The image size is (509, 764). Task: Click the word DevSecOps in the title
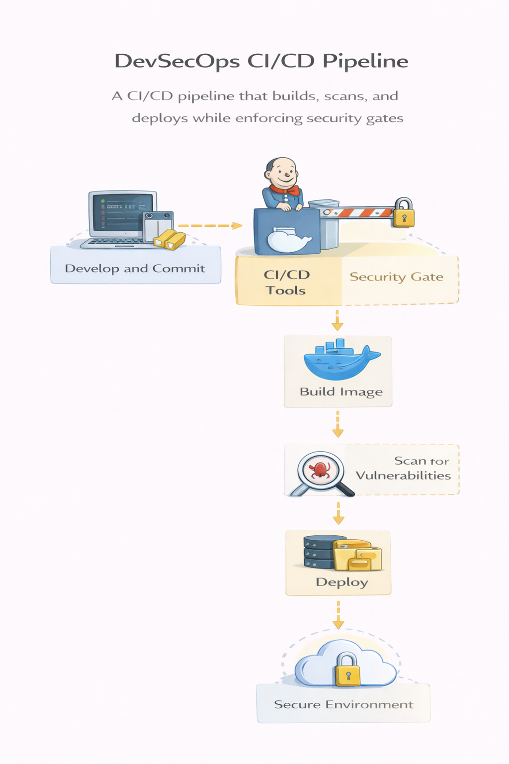tap(176, 61)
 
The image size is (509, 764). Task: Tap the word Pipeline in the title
tap(365, 61)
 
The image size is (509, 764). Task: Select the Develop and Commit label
tap(135, 269)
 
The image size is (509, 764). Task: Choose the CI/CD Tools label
tap(286, 282)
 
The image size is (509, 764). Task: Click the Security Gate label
tap(396, 277)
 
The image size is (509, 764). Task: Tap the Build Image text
tap(341, 392)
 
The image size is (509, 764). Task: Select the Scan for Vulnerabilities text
tap(404, 468)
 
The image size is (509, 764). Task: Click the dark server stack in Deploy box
tap(318, 552)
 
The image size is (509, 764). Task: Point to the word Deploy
tap(341, 582)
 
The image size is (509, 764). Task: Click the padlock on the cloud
tap(347, 670)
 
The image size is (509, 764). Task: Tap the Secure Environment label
tap(343, 704)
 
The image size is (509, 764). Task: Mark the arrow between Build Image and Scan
tap(338, 424)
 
